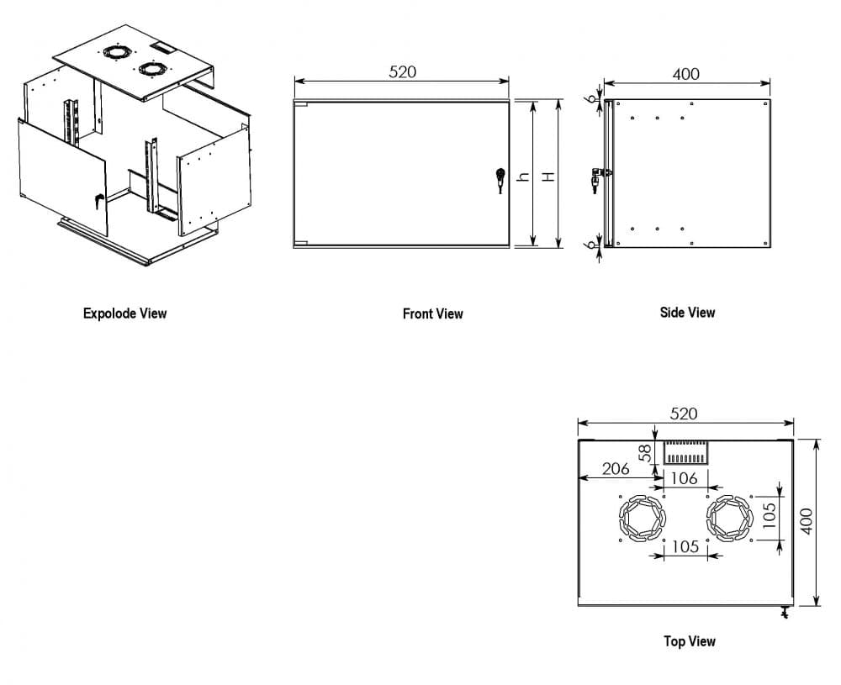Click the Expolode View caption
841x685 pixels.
click(124, 314)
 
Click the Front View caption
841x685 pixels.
click(432, 314)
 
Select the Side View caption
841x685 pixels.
click(687, 312)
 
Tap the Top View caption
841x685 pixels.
click(690, 641)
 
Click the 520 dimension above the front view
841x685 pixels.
click(402, 71)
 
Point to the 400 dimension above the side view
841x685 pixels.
click(686, 74)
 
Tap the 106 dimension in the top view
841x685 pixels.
click(685, 478)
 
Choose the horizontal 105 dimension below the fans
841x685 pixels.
click(685, 546)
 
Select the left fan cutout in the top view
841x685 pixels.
click(643, 518)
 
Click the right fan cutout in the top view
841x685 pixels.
click(729, 518)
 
